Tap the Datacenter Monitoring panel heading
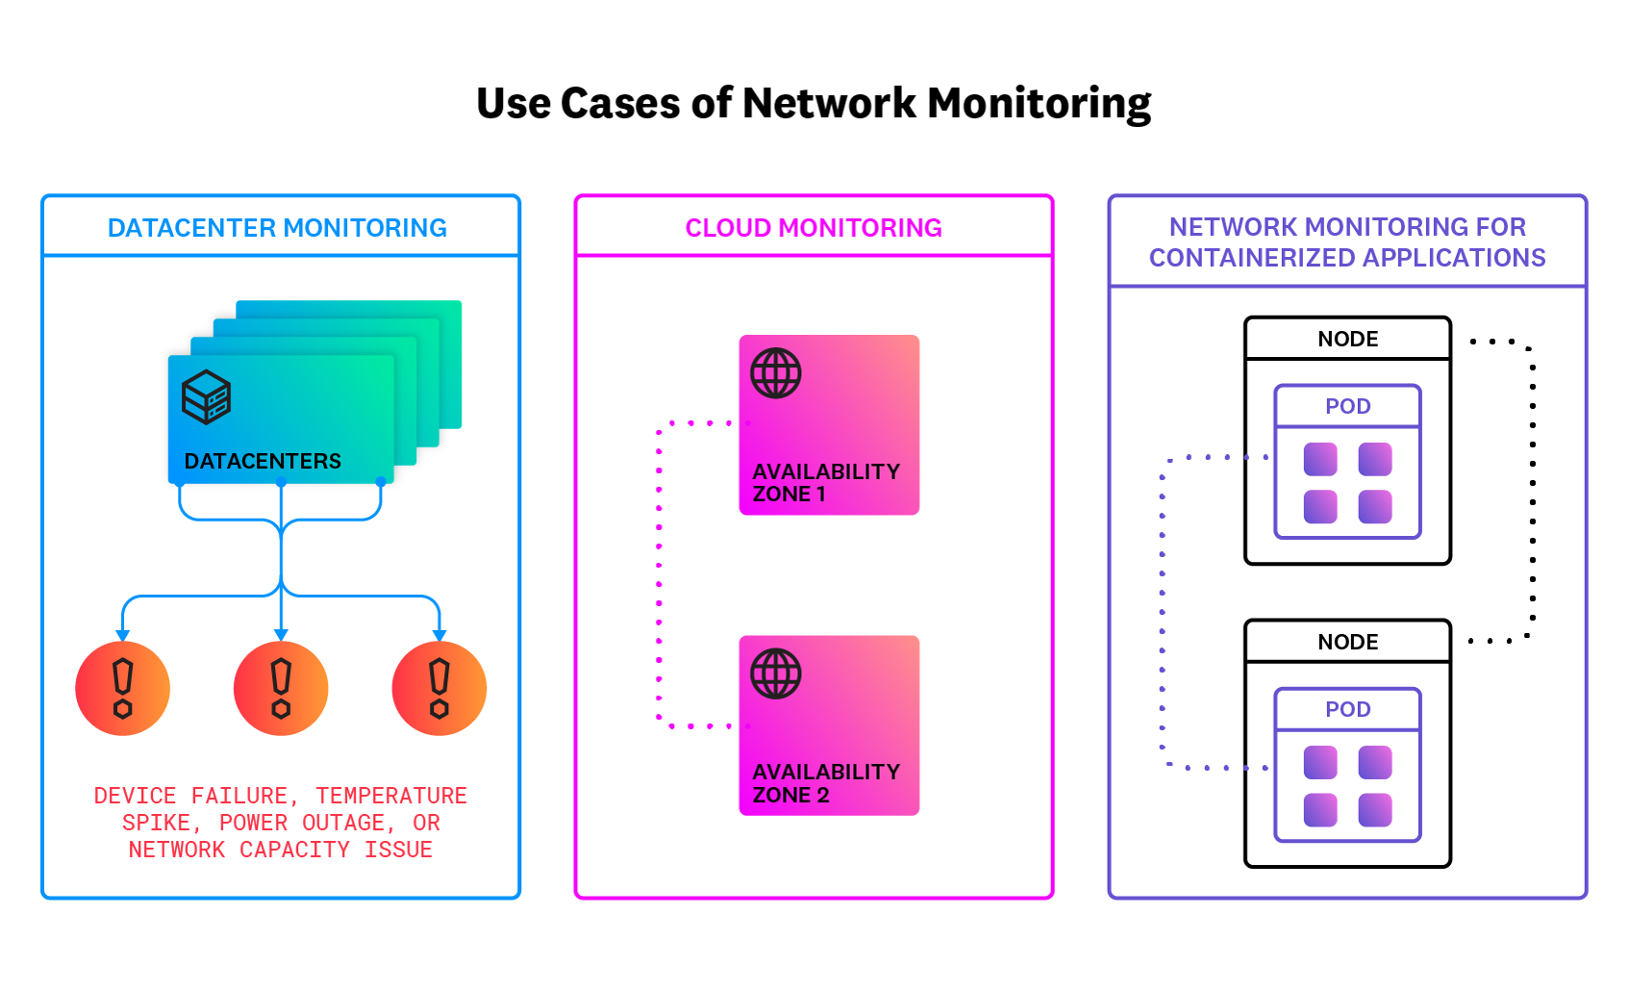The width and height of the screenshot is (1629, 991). (277, 228)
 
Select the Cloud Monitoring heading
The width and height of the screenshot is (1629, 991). (813, 228)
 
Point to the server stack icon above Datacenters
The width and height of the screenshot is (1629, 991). (206, 396)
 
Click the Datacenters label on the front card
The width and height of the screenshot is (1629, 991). (263, 461)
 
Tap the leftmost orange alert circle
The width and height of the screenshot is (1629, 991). (122, 689)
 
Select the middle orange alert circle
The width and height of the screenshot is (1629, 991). (281, 689)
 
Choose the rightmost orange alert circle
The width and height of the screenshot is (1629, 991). (439, 689)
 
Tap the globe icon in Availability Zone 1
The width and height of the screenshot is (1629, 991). (775, 373)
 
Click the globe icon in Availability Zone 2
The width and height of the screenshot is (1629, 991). (775, 673)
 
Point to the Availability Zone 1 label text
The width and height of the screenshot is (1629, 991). (825, 482)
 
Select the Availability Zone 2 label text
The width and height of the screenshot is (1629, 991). (825, 783)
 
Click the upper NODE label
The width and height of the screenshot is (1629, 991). (1347, 339)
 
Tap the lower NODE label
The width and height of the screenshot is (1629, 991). (1347, 642)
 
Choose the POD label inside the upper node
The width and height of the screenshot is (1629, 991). (1347, 406)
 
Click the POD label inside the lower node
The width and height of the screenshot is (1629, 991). (1347, 709)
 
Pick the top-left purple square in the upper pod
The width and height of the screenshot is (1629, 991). (1320, 459)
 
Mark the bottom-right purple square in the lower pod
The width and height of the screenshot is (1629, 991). (1375, 810)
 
